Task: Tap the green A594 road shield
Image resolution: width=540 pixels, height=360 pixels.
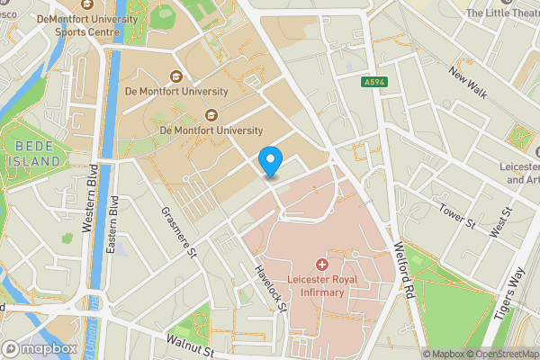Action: [375, 82]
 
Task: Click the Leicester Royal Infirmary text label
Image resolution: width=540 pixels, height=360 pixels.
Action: [322, 286]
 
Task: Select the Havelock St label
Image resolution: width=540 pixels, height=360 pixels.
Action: [269, 289]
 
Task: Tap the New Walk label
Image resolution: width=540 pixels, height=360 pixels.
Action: [468, 86]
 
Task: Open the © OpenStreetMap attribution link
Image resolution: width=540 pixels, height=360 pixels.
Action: [499, 354]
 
